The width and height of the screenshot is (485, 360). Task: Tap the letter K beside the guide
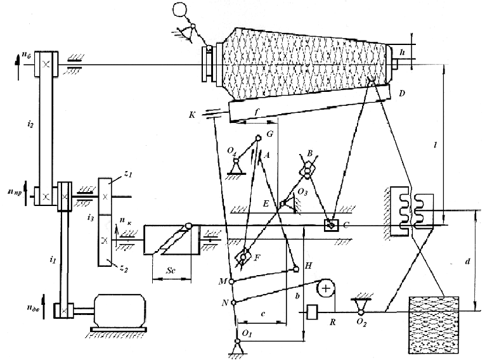[192, 115]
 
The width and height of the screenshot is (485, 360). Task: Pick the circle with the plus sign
[326, 288]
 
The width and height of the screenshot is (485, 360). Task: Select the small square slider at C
[330, 224]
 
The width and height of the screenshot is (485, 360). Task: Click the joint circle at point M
[231, 281]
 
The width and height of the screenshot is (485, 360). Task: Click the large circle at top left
[181, 11]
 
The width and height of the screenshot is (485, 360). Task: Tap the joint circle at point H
[296, 269]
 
